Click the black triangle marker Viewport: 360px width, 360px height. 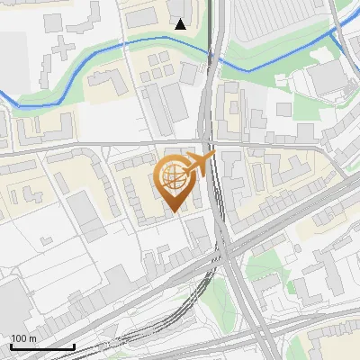181,24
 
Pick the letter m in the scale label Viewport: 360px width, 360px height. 32,338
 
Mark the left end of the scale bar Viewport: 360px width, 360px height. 11,346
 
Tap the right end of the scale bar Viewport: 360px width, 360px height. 74,346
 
